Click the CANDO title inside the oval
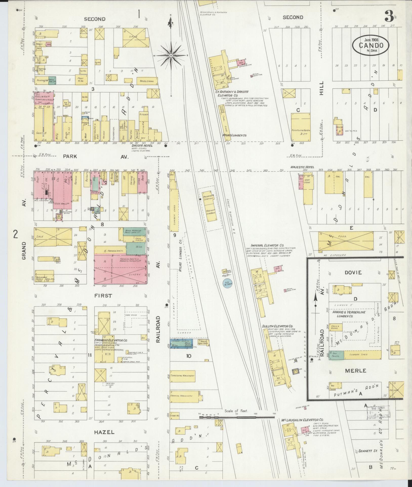tap(370, 46)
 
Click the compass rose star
tap(171, 55)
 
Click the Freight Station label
tap(211, 211)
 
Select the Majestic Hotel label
tap(302, 167)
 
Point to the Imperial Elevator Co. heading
tap(267, 245)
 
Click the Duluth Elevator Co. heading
tap(277, 326)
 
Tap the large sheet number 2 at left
tap(15, 235)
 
